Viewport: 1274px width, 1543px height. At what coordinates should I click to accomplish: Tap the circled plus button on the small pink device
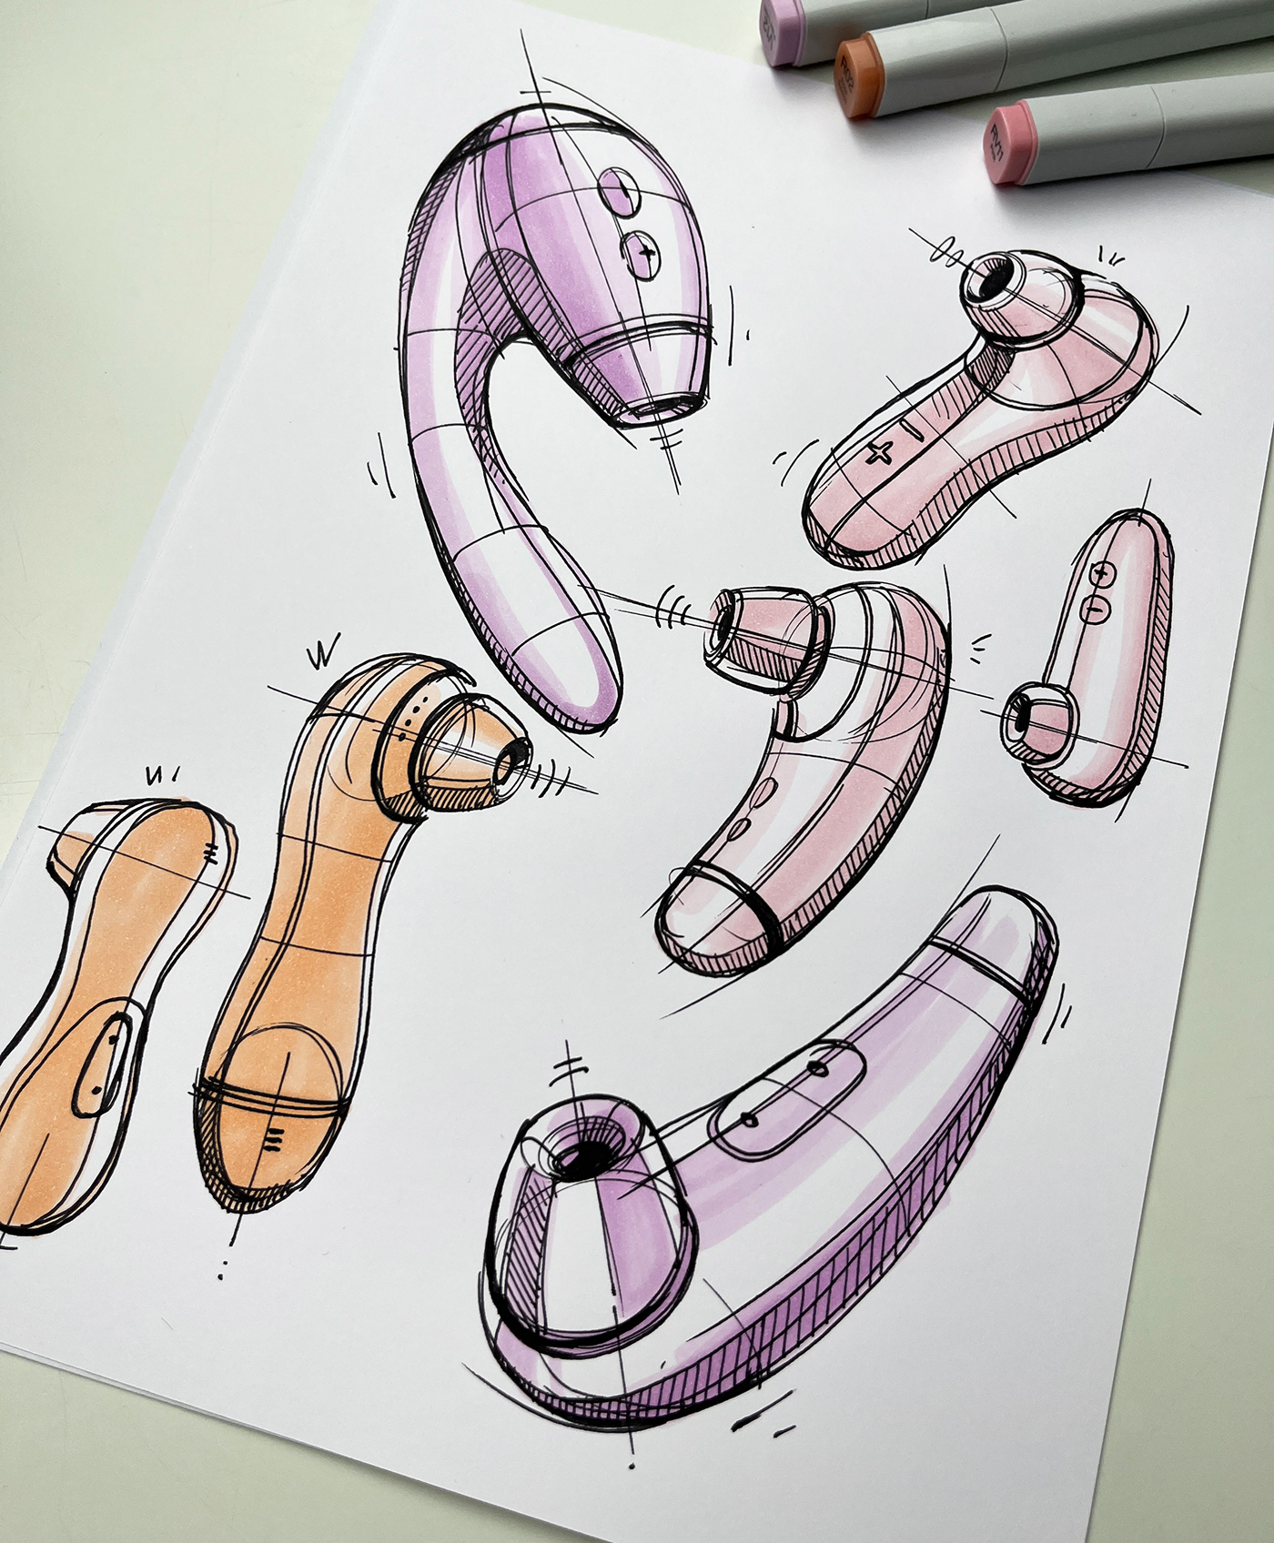tap(1102, 574)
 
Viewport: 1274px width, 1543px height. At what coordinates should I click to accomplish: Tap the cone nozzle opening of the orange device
tap(518, 754)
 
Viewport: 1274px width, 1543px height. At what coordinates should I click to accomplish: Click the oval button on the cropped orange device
tap(102, 1064)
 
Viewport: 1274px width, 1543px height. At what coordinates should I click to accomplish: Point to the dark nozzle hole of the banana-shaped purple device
tap(580, 1155)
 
